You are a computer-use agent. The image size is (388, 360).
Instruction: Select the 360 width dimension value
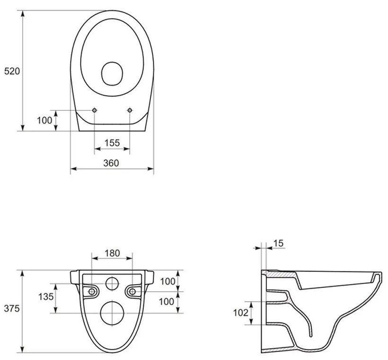[111, 163]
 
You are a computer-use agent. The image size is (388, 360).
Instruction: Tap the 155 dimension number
[112, 143]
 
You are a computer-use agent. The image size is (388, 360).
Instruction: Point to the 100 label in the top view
[44, 120]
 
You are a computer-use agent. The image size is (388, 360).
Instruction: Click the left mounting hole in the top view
[95, 110]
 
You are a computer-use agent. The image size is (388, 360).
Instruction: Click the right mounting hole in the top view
[130, 110]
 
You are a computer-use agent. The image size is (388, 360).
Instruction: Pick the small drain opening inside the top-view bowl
[113, 73]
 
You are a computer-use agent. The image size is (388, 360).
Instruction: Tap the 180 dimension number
[112, 253]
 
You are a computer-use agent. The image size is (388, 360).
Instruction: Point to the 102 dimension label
[241, 313]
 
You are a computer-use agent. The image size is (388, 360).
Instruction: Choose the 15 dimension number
[278, 243]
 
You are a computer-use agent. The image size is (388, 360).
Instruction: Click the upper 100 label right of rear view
[168, 281]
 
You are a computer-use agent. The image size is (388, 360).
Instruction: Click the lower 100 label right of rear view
[168, 302]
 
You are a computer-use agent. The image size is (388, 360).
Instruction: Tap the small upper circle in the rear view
[112, 283]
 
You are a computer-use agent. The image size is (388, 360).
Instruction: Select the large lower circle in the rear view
[112, 312]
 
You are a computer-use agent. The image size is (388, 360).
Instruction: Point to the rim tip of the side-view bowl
[379, 274]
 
